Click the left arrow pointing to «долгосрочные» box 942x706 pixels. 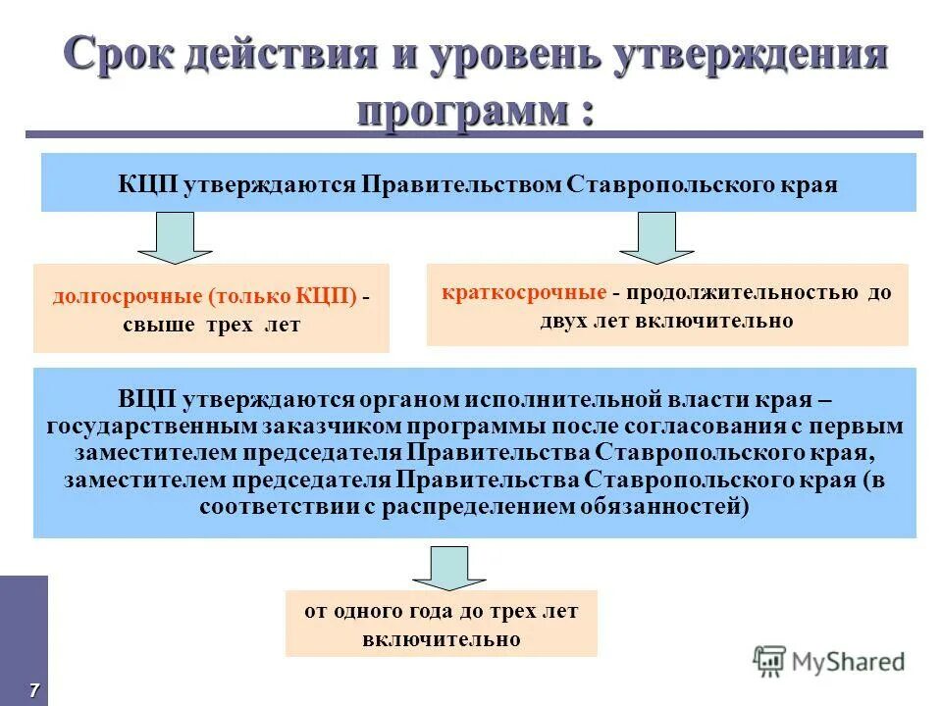176,237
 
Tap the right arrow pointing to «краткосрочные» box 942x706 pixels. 656,237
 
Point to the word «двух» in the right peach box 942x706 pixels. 561,321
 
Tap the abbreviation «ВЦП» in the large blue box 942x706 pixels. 146,400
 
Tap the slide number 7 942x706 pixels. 33,690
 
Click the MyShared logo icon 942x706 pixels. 769,660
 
